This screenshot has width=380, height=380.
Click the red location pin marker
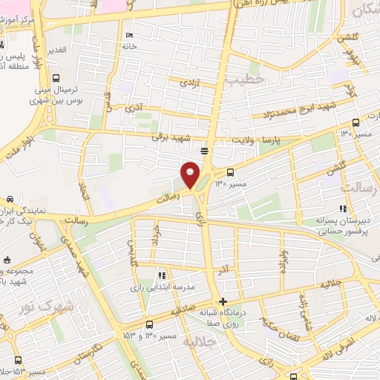(x=191, y=174)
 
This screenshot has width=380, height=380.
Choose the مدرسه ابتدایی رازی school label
(x=162, y=286)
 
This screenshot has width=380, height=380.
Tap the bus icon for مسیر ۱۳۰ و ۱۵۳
(x=151, y=324)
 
